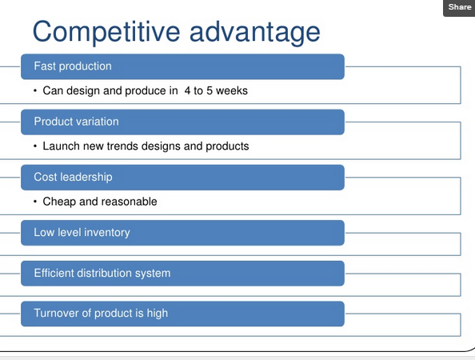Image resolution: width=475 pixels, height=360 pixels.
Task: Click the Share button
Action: (459, 7)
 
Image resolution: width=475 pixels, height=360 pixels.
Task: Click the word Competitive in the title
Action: (106, 32)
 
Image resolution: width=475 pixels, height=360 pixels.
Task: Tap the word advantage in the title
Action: (255, 32)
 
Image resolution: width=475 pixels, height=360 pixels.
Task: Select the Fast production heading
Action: (73, 66)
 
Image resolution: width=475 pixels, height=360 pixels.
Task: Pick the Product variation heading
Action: (76, 122)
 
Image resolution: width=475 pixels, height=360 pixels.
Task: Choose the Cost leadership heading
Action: (73, 177)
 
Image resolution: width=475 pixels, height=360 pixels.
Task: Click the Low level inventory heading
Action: (82, 233)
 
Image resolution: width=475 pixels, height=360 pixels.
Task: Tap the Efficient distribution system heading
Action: (102, 273)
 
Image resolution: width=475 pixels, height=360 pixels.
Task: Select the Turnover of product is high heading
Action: (101, 313)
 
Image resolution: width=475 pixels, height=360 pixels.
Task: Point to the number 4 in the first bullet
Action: (187, 90)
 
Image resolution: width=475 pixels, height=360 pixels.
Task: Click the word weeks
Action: (232, 90)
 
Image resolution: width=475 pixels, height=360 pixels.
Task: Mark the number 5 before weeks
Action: (210, 90)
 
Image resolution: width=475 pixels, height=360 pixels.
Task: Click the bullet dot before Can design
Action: (35, 90)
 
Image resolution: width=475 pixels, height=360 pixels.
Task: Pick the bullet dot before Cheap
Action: (35, 202)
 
